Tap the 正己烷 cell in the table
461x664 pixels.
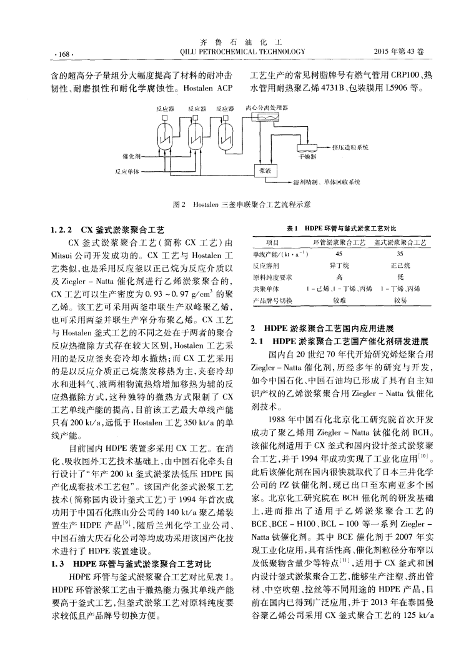(x=400, y=265)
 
